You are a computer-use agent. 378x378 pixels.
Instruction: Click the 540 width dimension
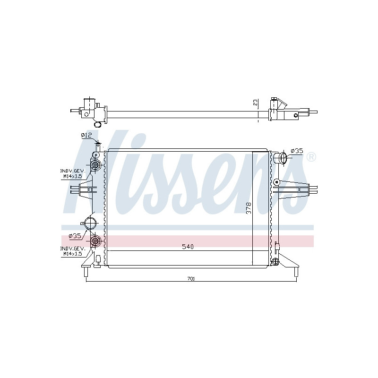coord(188,247)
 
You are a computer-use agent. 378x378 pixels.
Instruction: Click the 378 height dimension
coord(249,208)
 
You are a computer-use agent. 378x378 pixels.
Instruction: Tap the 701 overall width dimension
coord(191,279)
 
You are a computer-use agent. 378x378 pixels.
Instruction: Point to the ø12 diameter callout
coord(86,136)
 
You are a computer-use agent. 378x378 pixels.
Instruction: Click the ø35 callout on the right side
coord(297,151)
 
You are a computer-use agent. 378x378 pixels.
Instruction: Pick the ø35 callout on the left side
coord(75,236)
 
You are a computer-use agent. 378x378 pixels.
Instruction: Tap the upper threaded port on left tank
coord(95,165)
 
